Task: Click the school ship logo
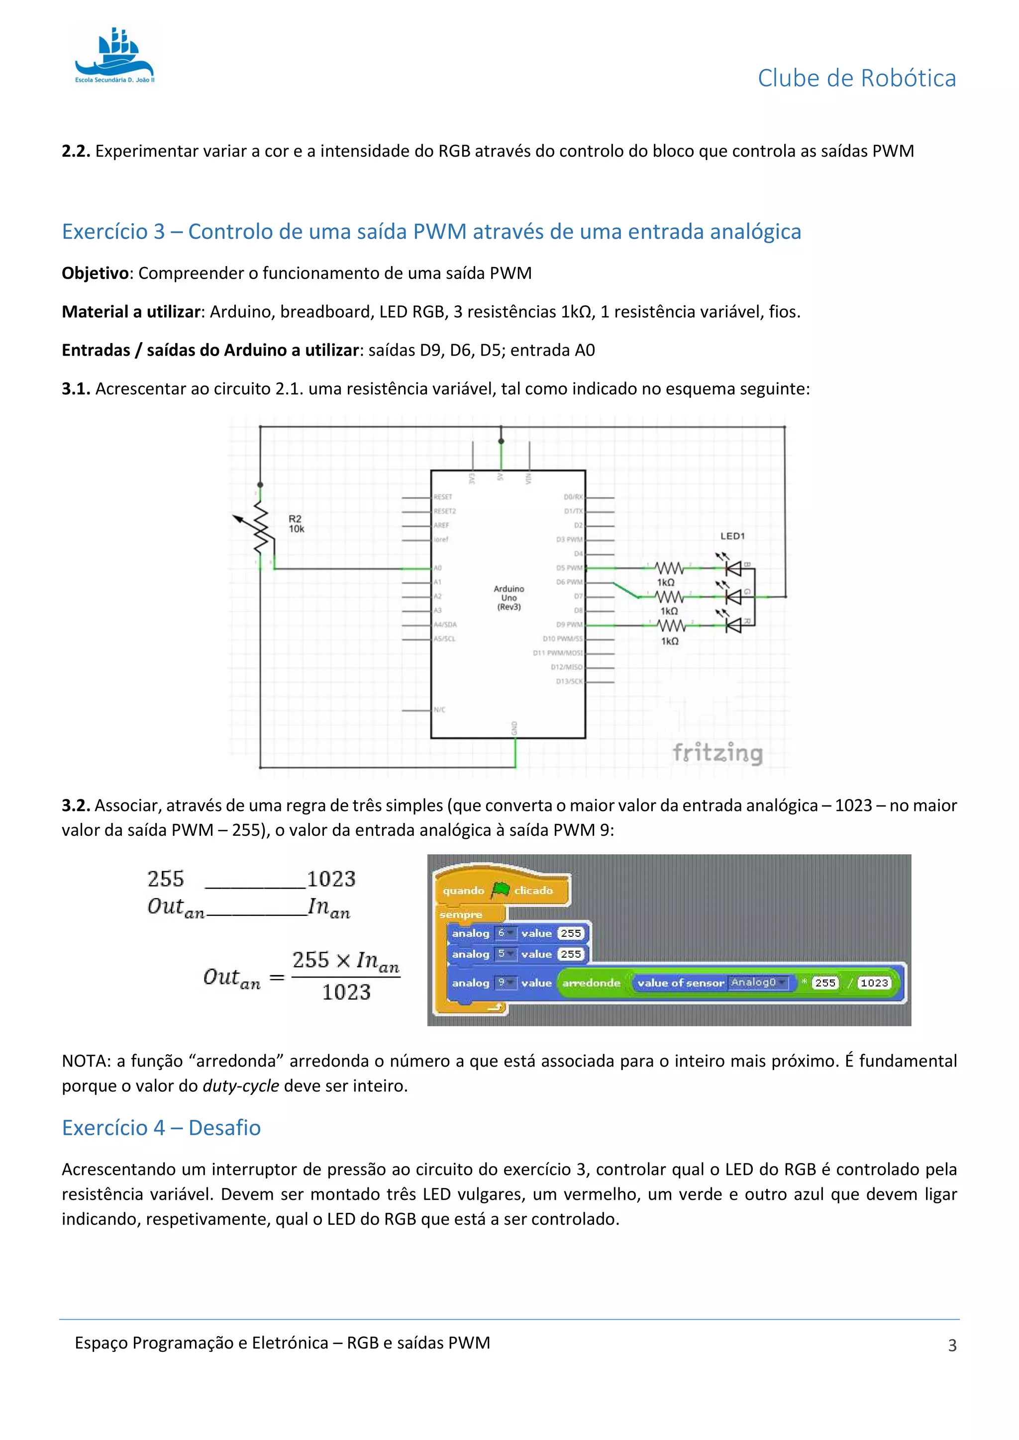point(115,55)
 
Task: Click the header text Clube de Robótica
point(856,79)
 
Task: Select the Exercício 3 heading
point(431,231)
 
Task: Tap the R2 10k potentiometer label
point(296,524)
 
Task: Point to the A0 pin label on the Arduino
point(438,567)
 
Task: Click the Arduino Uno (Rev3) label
point(509,598)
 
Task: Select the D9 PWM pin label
point(569,625)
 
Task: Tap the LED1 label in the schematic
point(732,536)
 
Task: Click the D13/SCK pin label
point(569,681)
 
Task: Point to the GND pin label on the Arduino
point(514,728)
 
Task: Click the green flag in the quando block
point(500,890)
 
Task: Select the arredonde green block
point(591,983)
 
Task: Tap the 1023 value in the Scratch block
point(874,983)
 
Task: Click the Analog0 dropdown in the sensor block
point(757,982)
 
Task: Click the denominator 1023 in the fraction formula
point(346,992)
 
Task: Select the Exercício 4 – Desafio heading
point(161,1128)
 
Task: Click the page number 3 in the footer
point(952,1346)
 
